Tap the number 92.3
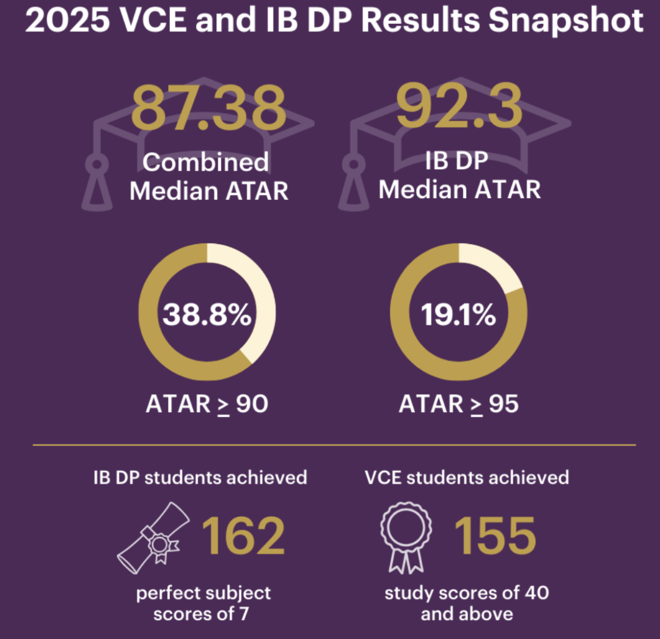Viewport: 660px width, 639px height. [x=459, y=106]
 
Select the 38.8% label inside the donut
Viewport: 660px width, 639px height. [x=207, y=316]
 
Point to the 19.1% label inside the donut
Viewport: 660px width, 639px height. [x=458, y=316]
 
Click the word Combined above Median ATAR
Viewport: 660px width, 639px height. [x=205, y=162]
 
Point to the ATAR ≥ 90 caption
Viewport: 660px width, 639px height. [x=207, y=404]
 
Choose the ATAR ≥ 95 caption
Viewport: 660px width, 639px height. [x=458, y=404]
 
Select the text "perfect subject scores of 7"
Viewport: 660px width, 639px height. [x=203, y=603]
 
